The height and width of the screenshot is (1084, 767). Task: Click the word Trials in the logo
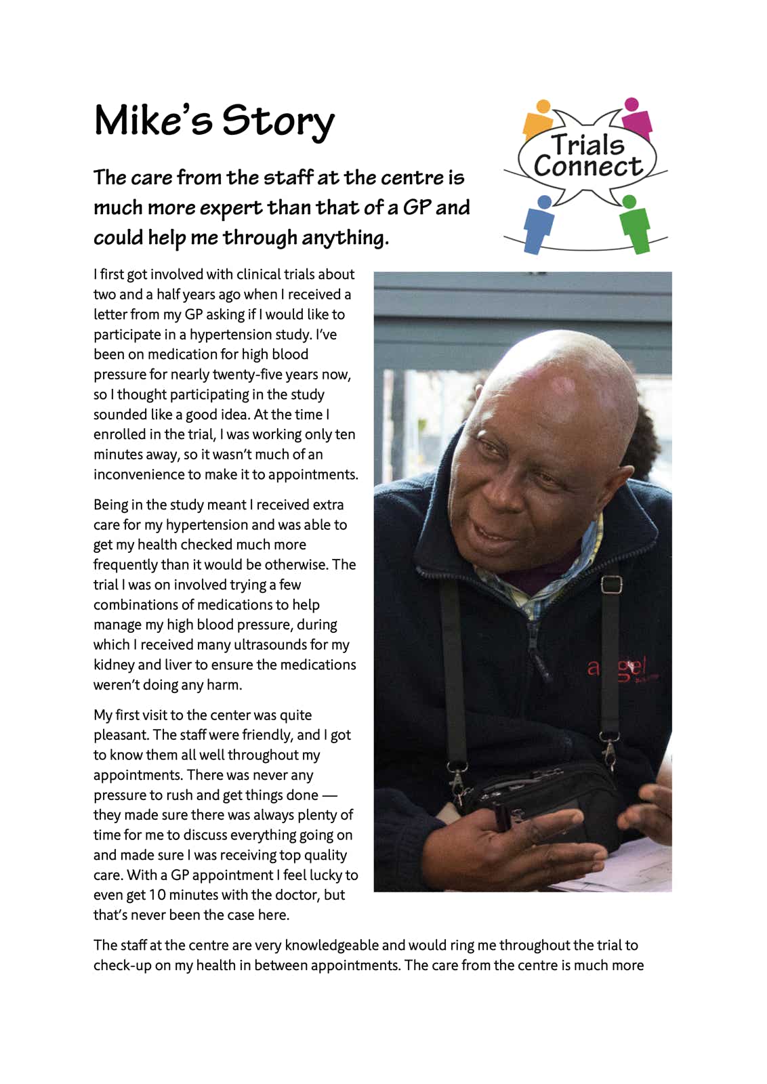coord(587,144)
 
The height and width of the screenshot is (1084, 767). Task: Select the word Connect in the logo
coord(587,167)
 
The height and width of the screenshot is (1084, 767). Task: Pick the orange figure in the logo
coord(539,120)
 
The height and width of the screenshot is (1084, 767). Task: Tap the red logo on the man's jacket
coord(620,667)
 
